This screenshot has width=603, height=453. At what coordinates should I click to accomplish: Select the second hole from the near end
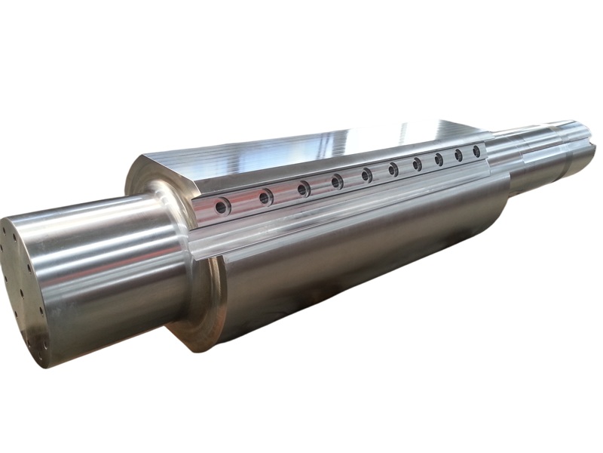pos(265,197)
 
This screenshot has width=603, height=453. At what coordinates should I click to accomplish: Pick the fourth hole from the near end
pos(337,180)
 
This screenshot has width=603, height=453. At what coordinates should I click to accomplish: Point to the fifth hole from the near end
pos(367,174)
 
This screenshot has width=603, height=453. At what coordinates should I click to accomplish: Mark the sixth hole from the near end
pos(393,170)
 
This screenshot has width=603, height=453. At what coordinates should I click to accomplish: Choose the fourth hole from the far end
pos(417,164)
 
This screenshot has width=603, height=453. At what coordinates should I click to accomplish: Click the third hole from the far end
pos(439,160)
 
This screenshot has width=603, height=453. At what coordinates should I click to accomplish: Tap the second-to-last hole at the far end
pos(458,156)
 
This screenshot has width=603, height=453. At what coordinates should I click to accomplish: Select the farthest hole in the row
pos(476,152)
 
